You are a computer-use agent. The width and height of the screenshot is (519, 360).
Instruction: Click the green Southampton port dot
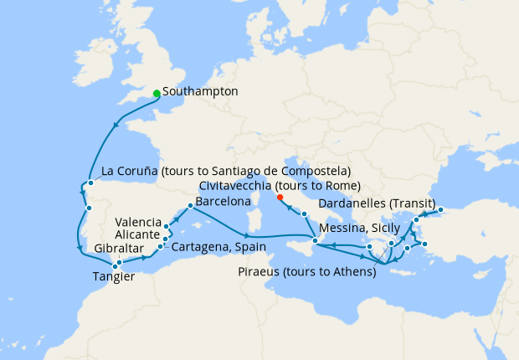(x=157, y=93)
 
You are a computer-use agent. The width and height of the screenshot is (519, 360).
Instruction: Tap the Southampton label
(x=201, y=91)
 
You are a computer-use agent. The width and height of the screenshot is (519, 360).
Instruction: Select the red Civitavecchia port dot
(x=280, y=198)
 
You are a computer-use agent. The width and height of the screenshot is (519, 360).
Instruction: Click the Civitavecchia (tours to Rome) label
(x=280, y=186)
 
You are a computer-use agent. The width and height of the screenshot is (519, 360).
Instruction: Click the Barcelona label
(x=223, y=203)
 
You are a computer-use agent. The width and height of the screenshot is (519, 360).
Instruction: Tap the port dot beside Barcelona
(x=191, y=204)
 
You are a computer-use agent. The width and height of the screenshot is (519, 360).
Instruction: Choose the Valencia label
(x=139, y=222)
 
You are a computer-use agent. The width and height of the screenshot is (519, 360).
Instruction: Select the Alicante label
(x=140, y=236)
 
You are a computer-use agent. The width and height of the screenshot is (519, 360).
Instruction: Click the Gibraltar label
(x=118, y=249)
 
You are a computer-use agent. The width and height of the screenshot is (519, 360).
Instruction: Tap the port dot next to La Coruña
(x=90, y=183)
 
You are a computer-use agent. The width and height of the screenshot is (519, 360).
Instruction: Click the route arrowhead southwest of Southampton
(x=115, y=126)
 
